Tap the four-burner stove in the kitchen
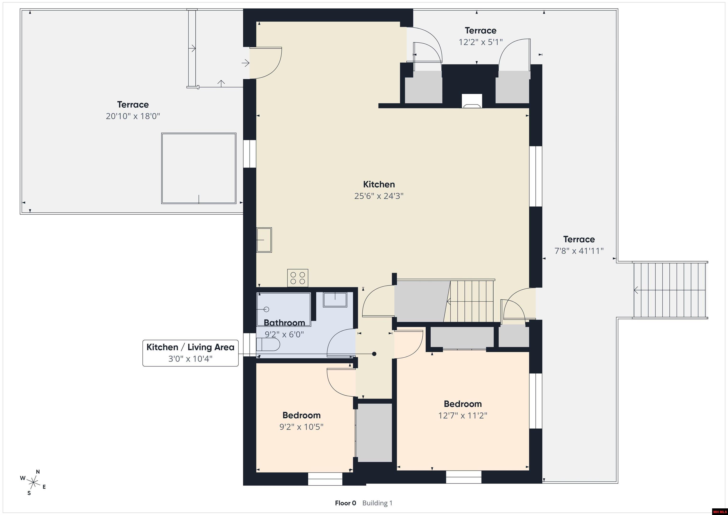(x=298, y=278)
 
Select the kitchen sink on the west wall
(x=264, y=240)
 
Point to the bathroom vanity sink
(x=335, y=300)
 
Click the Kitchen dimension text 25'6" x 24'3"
(x=379, y=196)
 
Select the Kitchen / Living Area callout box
(x=191, y=353)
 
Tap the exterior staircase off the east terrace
(x=670, y=290)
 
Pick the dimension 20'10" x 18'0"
(x=133, y=116)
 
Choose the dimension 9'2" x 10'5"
(x=301, y=427)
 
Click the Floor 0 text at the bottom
(x=345, y=503)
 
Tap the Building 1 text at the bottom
(x=377, y=503)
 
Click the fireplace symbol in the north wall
(x=472, y=101)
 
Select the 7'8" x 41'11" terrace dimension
(x=579, y=251)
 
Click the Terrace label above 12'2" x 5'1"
(x=481, y=30)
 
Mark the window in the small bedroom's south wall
(x=325, y=479)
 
